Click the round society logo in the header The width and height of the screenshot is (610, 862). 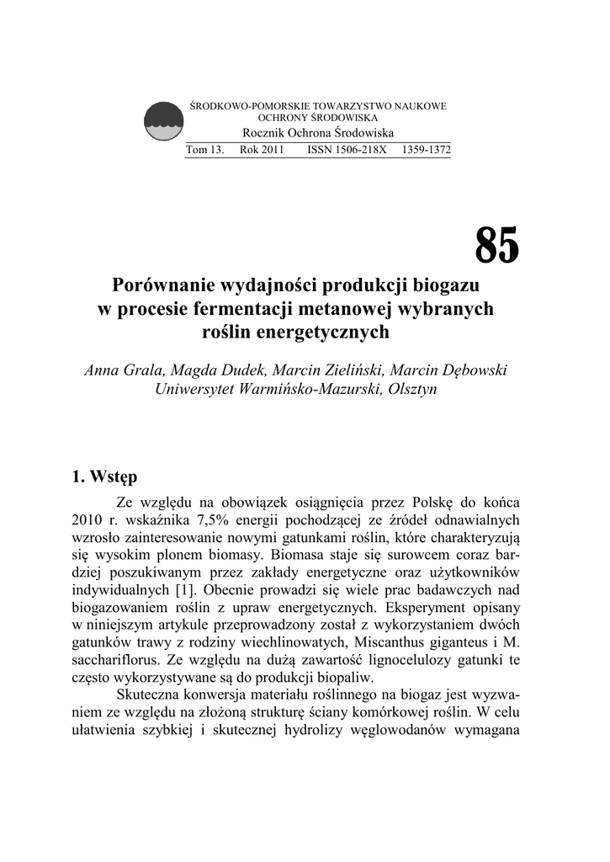(164, 122)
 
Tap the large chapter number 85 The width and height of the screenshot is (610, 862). (497, 246)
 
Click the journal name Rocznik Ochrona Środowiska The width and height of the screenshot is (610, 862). (318, 134)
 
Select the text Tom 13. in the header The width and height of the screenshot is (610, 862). (204, 150)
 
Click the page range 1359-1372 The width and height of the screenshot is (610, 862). (427, 150)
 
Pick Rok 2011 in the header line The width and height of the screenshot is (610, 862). (262, 150)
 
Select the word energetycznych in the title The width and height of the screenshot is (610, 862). (327, 332)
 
